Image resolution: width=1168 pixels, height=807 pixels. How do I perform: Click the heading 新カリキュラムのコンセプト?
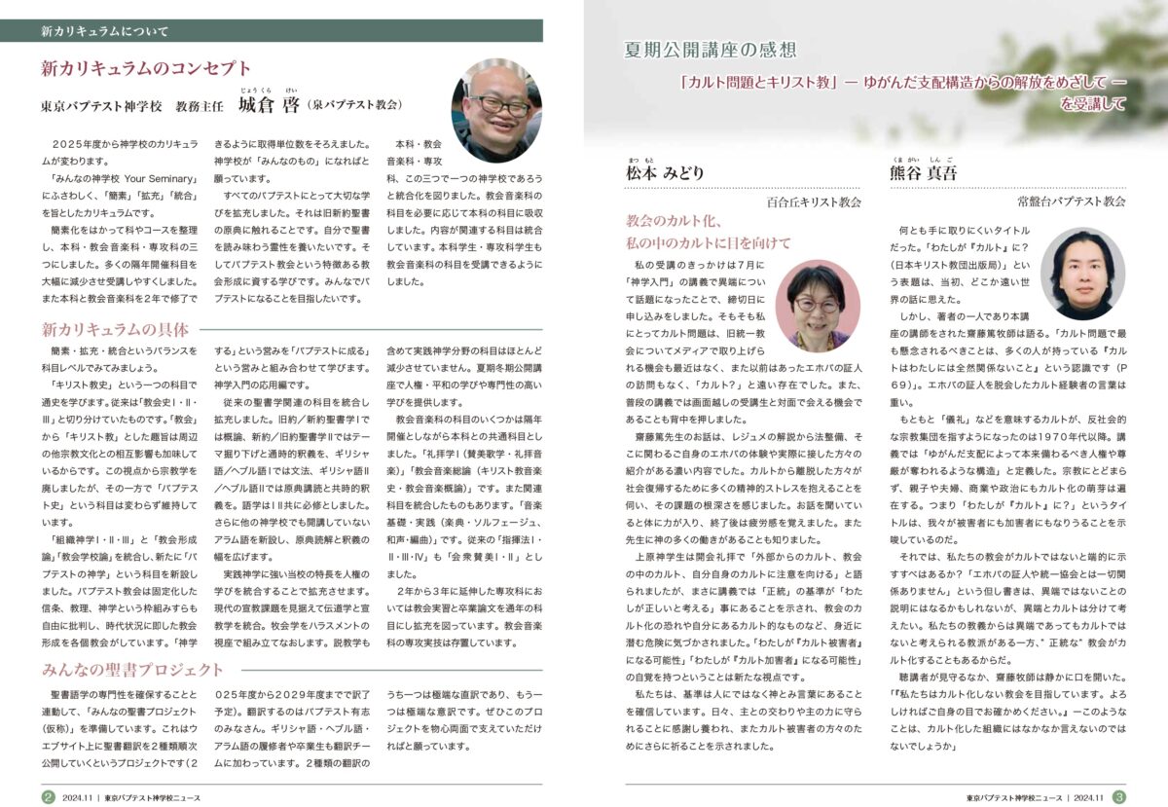(x=146, y=68)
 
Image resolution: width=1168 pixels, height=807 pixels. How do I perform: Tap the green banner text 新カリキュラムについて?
(x=104, y=31)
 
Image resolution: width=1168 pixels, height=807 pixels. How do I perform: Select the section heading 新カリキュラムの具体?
(x=115, y=329)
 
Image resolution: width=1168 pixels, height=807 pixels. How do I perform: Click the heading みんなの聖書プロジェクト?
(x=132, y=670)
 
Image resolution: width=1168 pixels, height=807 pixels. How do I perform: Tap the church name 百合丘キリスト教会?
(x=815, y=202)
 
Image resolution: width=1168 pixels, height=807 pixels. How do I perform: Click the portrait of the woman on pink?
(x=817, y=305)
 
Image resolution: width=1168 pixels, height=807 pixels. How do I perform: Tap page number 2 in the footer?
(x=48, y=796)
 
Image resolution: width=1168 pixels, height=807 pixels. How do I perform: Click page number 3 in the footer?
(x=1119, y=796)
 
